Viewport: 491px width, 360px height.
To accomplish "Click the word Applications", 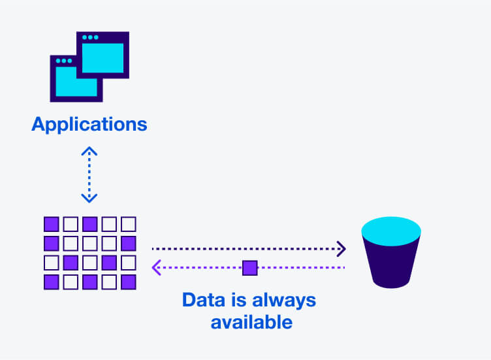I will click(89, 123).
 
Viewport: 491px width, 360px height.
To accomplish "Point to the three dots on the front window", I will click(63, 61).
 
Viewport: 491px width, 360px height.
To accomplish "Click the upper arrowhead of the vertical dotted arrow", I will click(89, 151).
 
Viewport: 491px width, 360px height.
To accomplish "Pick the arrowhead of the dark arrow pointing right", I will click(340, 248).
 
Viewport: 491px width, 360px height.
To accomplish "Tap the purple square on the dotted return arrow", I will click(250, 267).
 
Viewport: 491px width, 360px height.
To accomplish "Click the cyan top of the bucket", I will click(391, 230).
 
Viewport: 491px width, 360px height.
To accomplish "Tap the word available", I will click(251, 322).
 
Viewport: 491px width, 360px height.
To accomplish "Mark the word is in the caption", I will click(239, 301).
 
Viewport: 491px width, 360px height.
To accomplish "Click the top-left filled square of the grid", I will click(51, 224).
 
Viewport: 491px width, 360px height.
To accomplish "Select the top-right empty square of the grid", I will click(129, 224).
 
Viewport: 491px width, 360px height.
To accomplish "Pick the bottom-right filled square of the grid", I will click(129, 282).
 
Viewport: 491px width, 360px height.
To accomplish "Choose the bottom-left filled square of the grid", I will click(51, 282).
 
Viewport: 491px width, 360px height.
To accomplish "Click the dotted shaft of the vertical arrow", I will click(89, 174).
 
